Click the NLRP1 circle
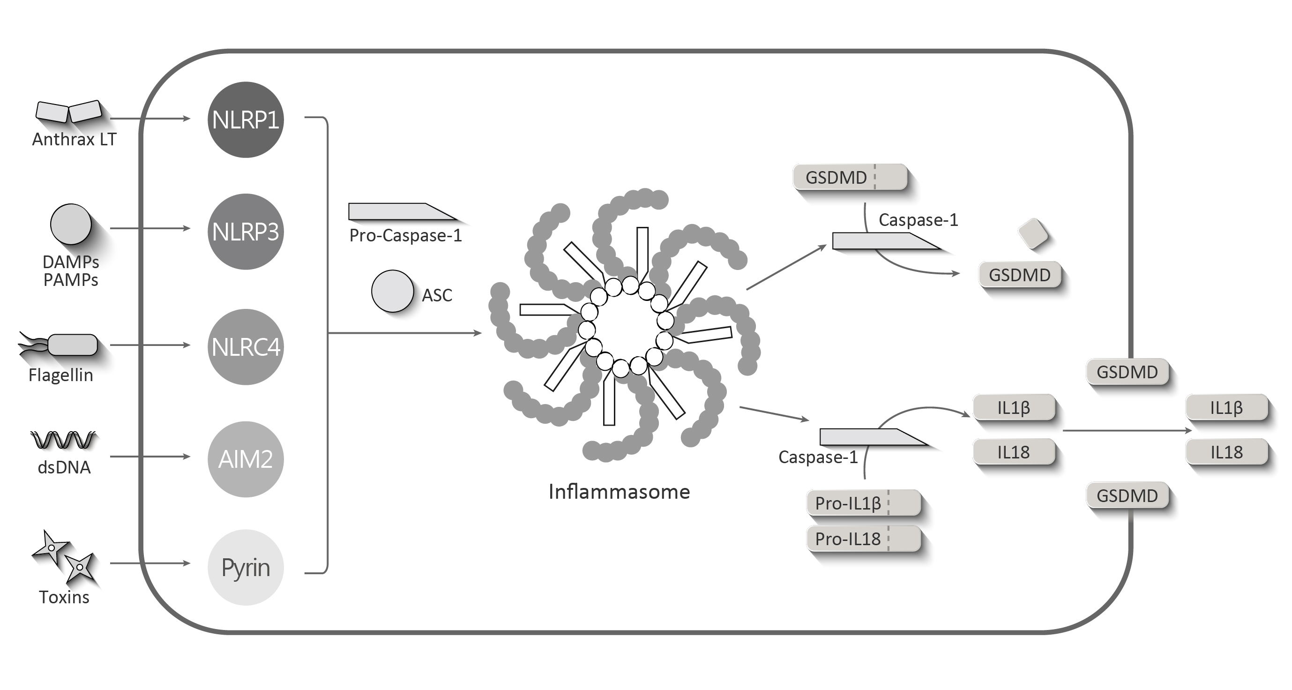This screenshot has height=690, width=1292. point(245,120)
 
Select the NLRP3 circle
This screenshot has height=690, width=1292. point(245,232)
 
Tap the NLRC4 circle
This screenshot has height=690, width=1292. point(245,347)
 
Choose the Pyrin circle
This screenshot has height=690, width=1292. point(245,568)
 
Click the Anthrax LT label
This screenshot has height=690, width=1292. point(74,140)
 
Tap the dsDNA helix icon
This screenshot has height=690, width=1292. point(63,440)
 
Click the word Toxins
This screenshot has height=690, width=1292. point(64,597)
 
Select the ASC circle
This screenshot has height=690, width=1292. point(392,291)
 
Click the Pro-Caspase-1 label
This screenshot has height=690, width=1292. point(405,235)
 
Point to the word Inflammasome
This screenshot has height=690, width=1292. point(619,492)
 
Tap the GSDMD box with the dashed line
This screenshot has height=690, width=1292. point(850,177)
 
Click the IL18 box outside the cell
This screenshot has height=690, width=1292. point(1227,452)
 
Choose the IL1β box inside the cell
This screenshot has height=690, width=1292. point(1014,407)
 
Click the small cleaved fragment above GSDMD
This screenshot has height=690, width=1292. point(1033,233)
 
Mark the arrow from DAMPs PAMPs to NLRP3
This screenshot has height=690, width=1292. point(150,228)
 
